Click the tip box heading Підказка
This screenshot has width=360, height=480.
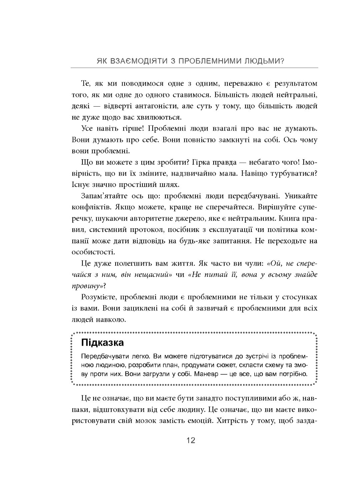pos(102,342)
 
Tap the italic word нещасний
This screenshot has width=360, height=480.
pos(152,275)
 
